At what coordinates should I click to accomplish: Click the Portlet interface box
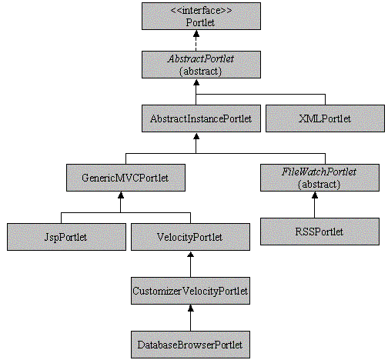[201, 16]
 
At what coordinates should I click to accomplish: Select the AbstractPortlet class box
[201, 65]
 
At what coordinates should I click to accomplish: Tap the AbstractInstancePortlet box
[201, 118]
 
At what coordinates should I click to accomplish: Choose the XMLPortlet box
[325, 118]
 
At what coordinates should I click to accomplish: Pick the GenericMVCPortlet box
[125, 178]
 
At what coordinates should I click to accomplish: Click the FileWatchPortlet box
[319, 178]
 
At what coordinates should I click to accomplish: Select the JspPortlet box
[66, 237]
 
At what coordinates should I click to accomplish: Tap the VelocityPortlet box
[190, 237]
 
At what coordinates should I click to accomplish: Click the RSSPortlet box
[319, 232]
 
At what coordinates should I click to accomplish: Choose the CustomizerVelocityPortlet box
[190, 291]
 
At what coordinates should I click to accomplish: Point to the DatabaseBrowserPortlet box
[190, 345]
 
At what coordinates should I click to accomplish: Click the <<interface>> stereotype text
[201, 10]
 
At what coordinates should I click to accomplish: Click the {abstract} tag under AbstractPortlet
[200, 71]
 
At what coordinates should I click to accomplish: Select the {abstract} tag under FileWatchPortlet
[319, 184]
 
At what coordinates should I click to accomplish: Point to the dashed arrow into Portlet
[196, 41]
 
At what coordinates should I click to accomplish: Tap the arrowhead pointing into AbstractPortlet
[196, 82]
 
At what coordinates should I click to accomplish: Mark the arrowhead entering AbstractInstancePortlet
[196, 136]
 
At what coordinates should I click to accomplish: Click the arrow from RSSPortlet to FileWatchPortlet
[315, 205]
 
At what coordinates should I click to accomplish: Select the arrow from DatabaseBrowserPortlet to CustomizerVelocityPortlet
[190, 318]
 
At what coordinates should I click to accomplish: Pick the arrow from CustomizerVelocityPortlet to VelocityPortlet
[190, 264]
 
